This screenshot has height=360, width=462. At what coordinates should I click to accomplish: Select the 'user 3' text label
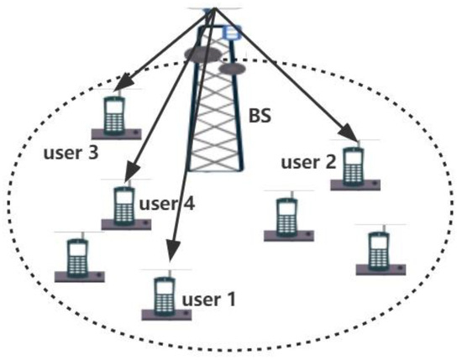66,154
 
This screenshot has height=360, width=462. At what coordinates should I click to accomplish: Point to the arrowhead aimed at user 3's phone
122,85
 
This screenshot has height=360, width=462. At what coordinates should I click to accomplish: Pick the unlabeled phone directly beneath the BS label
284,218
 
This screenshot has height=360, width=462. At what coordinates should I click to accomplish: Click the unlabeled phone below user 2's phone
379,251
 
